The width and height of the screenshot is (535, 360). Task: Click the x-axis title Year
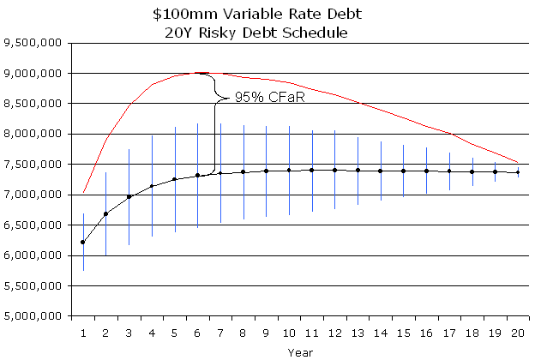click(300, 351)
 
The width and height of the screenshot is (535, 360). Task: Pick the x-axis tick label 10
click(289, 330)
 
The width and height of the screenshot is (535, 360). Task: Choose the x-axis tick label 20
click(517, 330)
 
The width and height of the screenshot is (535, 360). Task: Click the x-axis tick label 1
click(83, 330)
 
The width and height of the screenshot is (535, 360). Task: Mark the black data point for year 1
click(83, 243)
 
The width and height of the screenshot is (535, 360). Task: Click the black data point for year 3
click(129, 197)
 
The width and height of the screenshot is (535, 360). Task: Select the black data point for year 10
click(289, 170)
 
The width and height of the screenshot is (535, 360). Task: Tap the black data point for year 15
click(403, 171)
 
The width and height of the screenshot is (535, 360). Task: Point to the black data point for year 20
click(517, 172)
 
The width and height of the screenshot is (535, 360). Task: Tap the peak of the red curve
click(199, 73)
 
